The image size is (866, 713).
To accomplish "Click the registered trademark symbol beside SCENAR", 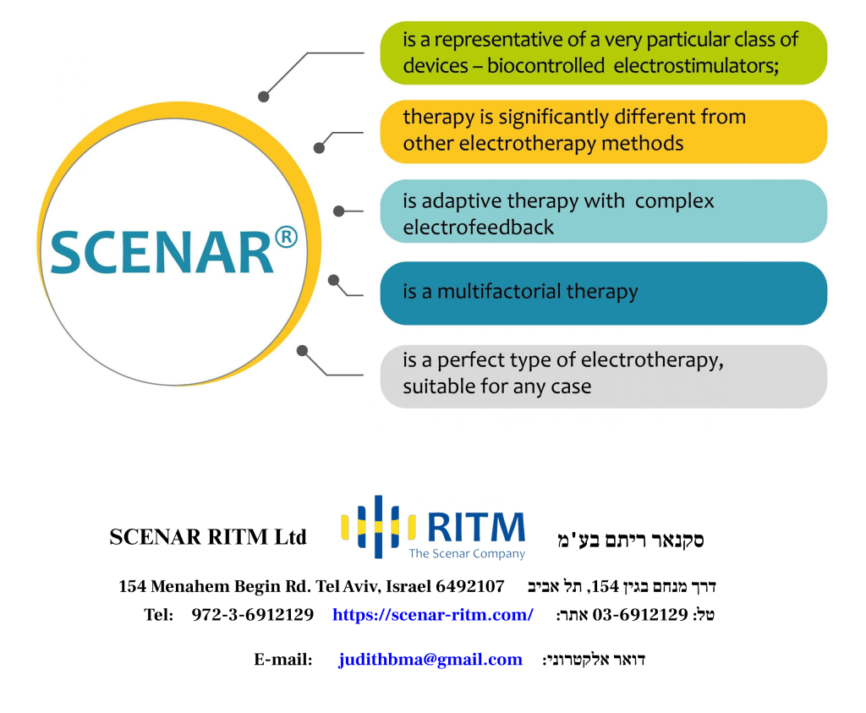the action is [286, 237].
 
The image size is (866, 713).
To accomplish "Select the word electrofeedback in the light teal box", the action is [478, 227].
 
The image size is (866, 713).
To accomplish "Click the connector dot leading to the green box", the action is [264, 96].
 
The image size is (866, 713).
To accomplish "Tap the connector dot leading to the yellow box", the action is [319, 148].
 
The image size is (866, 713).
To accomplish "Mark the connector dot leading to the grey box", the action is [302, 351].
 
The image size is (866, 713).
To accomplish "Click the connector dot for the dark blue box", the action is [333, 281].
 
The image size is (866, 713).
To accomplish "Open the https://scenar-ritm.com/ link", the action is [433, 615].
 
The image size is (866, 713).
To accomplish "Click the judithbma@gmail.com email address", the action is [430, 660].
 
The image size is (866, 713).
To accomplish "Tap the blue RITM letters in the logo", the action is [476, 527].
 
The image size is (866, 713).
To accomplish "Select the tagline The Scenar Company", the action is [467, 553].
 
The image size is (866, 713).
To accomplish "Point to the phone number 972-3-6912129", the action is [252, 615].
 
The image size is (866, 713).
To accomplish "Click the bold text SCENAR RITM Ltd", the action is [208, 537].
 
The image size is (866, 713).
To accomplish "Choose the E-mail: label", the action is [282, 660].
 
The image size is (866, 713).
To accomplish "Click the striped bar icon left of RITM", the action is [378, 526].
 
